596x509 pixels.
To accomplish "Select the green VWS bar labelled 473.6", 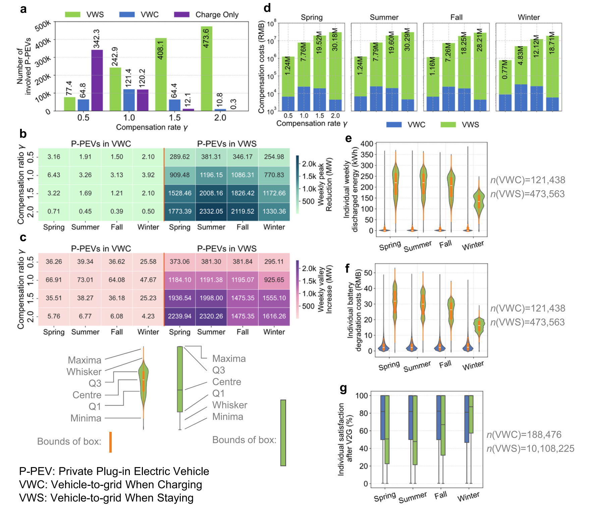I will pyautogui.click(x=206, y=69).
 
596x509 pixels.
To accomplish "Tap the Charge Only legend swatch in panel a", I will pyautogui.click(x=182, y=14).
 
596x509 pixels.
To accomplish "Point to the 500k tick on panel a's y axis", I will pyautogui.click(x=43, y=25).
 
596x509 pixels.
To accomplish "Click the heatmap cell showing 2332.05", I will pyautogui.click(x=211, y=211).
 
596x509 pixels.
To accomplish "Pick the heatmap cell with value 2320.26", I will pyautogui.click(x=211, y=316).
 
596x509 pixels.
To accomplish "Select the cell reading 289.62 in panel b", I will pyautogui.click(x=179, y=157).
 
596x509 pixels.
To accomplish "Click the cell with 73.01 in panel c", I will pyautogui.click(x=85, y=280).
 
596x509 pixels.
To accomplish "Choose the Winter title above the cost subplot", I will pyautogui.click(x=529, y=17).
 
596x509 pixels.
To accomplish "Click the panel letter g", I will pyautogui.click(x=343, y=388).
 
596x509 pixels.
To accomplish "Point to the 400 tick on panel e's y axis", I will pyautogui.click(x=367, y=144).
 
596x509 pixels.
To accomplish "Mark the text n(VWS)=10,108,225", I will pyautogui.click(x=531, y=449).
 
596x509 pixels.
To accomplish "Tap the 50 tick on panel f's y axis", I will pyautogui.click(x=368, y=273).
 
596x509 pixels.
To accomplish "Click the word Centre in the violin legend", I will pyautogui.click(x=87, y=395).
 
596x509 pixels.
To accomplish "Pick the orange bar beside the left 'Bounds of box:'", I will pyautogui.click(x=110, y=442).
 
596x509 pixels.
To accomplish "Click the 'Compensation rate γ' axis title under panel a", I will pyautogui.click(x=152, y=128).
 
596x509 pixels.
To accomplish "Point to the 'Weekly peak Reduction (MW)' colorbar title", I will pyautogui.click(x=325, y=185).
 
